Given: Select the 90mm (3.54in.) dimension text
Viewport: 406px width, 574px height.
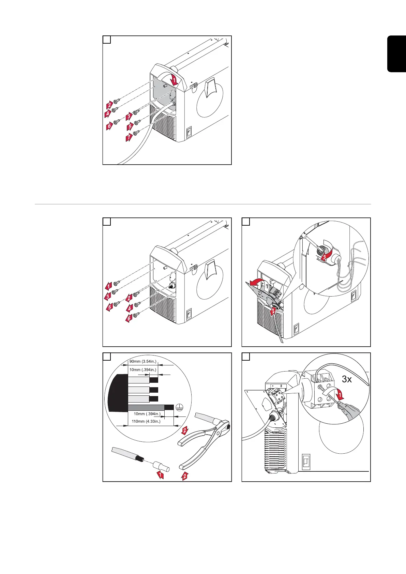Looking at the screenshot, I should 142,361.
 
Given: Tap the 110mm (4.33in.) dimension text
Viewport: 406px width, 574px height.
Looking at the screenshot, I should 146,421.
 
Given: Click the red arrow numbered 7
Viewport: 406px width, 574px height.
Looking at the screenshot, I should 129,138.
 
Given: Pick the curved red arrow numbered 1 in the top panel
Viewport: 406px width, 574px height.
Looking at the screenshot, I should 174,80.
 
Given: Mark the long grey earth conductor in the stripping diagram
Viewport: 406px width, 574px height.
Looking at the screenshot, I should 146,407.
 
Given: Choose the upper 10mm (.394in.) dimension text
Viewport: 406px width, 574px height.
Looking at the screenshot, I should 142,369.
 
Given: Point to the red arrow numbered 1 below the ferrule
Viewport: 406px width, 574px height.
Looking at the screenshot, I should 160,475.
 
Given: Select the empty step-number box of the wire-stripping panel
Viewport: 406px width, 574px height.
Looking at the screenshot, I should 107,357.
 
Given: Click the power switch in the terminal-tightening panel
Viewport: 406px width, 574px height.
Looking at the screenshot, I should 306,462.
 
